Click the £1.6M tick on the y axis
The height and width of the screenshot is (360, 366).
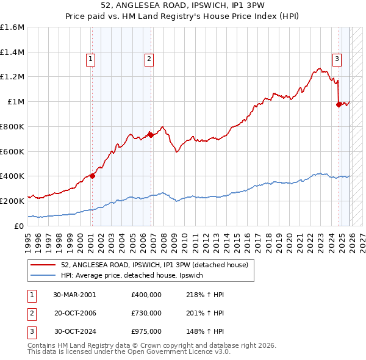[12, 27]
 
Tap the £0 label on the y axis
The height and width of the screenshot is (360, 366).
[20, 226]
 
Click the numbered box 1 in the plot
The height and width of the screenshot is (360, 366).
[90, 59]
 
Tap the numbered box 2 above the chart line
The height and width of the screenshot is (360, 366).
[148, 59]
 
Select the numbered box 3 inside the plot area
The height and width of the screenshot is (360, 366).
[336, 59]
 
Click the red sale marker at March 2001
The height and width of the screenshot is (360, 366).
[92, 176]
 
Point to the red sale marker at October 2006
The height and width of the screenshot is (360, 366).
[151, 135]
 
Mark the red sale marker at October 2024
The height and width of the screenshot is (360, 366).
[339, 104]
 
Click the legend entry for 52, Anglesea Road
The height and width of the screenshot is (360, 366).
[154, 265]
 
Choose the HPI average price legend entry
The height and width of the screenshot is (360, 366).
[135, 276]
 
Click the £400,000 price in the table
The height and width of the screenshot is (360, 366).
[146, 295]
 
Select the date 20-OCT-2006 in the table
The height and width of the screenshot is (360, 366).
[75, 313]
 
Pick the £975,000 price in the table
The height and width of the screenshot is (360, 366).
[146, 331]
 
